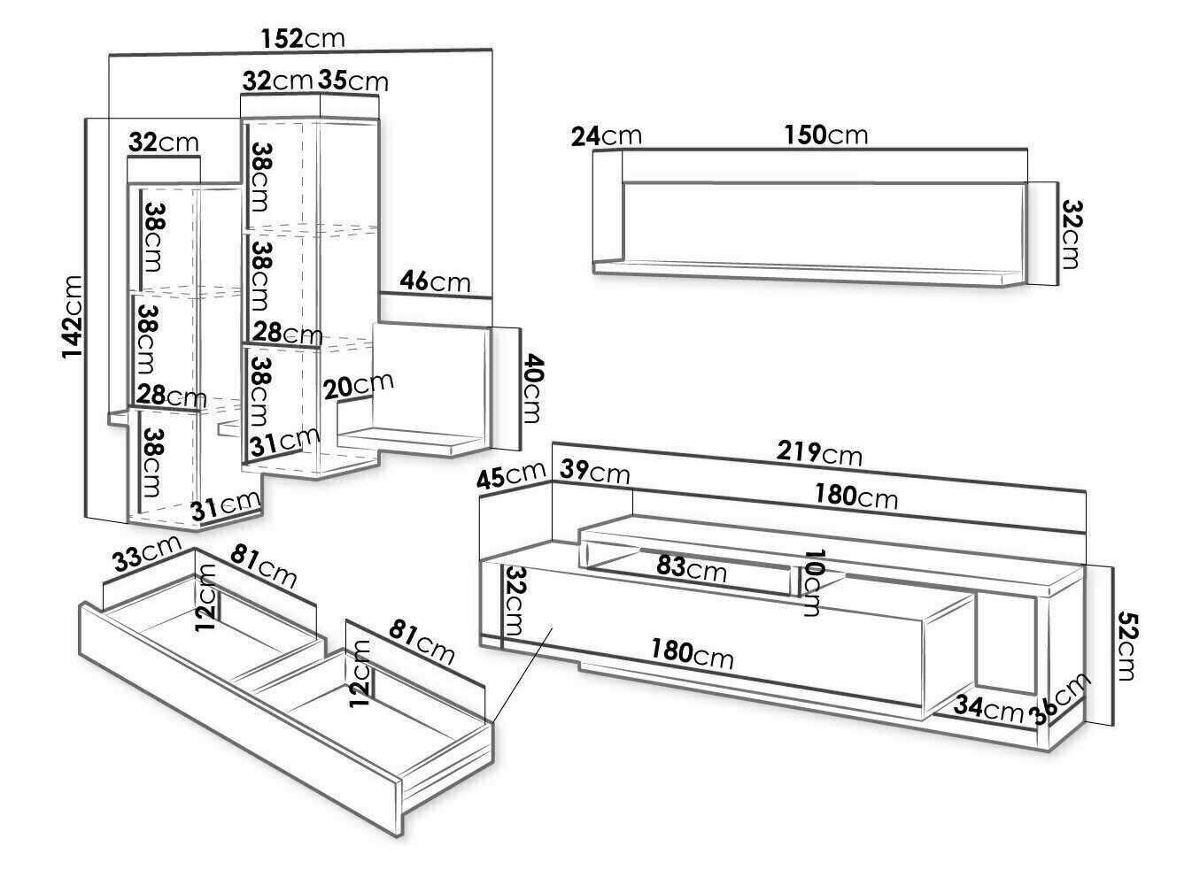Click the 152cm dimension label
pyautogui.click(x=303, y=39)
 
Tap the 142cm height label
pyautogui.click(x=72, y=318)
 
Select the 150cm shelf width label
pyautogui.click(x=825, y=135)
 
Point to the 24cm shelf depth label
pyautogui.click(x=607, y=135)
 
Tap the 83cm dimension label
pyautogui.click(x=691, y=567)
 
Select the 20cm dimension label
pyautogui.click(x=358, y=385)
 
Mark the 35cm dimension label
pyautogui.click(x=353, y=81)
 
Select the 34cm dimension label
pyautogui.click(x=990, y=707)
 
